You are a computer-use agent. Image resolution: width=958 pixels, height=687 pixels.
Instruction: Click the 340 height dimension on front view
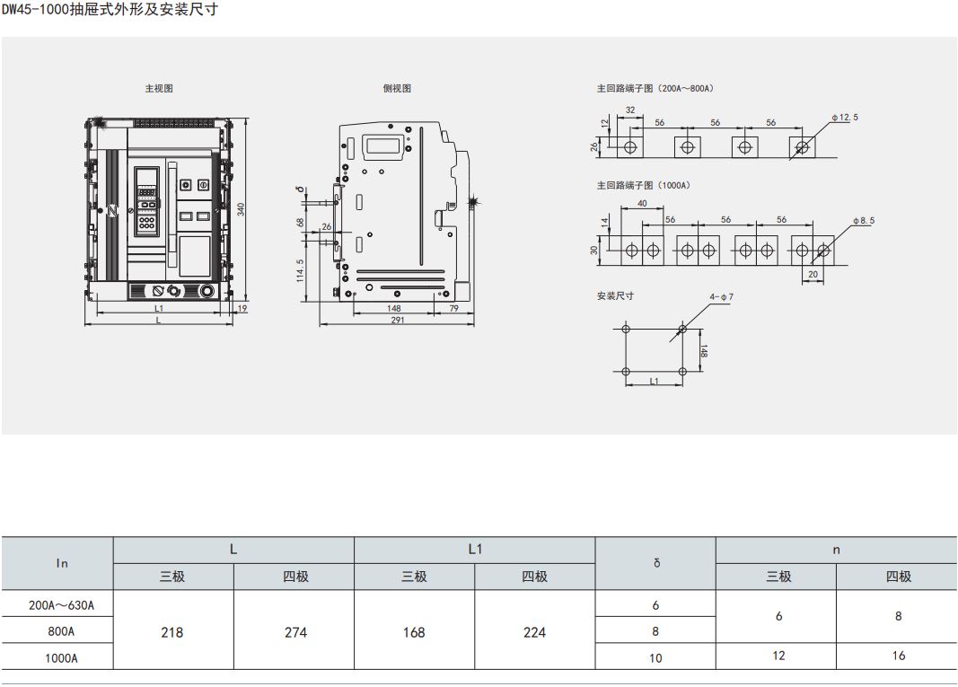(x=241, y=209)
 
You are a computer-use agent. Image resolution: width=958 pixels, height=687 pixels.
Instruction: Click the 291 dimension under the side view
(x=397, y=320)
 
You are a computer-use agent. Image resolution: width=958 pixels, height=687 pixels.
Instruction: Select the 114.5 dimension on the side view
(x=300, y=271)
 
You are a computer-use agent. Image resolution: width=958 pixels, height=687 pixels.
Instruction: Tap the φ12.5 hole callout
(x=845, y=117)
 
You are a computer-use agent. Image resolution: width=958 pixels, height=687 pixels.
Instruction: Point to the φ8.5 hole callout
(x=864, y=220)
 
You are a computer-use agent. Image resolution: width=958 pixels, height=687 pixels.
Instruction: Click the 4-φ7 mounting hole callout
(x=721, y=297)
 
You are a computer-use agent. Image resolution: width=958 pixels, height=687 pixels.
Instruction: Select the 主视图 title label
(x=159, y=88)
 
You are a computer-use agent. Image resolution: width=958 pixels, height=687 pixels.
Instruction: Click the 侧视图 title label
(x=397, y=88)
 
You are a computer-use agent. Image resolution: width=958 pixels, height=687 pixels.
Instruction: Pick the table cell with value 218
(x=172, y=632)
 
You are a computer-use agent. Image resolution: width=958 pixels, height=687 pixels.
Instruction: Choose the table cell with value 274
(x=295, y=632)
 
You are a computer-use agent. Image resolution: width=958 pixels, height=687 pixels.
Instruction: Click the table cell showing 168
(x=414, y=632)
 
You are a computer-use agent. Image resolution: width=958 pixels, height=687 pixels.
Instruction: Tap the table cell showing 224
(x=534, y=632)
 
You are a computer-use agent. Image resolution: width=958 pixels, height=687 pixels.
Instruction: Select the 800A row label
(x=61, y=631)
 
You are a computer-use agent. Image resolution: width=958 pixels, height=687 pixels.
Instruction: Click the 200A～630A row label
(x=61, y=605)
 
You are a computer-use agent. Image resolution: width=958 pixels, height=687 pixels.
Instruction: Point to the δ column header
(x=656, y=563)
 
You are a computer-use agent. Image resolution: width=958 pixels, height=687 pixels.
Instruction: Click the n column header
(x=837, y=550)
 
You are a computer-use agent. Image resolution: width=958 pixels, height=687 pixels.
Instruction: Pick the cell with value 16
(x=898, y=656)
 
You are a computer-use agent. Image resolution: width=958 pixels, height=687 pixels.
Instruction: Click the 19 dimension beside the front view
(x=242, y=309)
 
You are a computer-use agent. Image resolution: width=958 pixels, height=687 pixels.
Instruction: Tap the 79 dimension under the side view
(x=454, y=309)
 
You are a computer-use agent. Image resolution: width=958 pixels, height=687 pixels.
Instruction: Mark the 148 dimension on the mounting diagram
(x=704, y=351)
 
